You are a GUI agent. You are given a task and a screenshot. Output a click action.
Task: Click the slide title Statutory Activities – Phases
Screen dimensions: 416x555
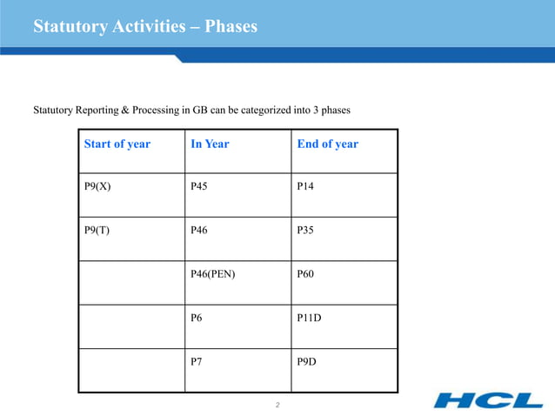click(x=144, y=27)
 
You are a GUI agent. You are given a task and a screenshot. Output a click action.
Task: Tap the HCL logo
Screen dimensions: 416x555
click(x=488, y=400)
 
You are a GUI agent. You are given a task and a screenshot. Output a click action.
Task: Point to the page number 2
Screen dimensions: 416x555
click(x=277, y=406)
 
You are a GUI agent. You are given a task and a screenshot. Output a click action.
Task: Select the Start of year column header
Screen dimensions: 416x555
click(x=117, y=144)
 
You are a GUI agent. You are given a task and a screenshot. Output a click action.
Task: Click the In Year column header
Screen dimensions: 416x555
click(x=210, y=144)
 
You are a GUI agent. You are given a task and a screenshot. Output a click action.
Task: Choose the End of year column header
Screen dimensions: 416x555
click(x=327, y=144)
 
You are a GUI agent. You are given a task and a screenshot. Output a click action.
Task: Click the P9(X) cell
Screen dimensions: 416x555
click(x=97, y=186)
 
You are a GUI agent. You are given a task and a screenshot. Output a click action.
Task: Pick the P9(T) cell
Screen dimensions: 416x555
click(x=96, y=230)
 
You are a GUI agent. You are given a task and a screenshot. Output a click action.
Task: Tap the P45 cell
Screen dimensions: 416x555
click(x=200, y=186)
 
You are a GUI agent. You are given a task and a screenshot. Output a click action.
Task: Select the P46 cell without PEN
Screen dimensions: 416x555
click(x=200, y=230)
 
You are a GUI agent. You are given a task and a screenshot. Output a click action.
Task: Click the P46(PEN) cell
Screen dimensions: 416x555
click(x=212, y=273)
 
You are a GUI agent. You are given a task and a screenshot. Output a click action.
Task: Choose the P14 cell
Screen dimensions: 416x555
click(x=306, y=186)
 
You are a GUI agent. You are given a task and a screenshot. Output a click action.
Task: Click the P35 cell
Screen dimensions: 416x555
click(x=306, y=230)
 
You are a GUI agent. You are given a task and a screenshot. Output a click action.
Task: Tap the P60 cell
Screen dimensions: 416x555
click(x=306, y=273)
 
